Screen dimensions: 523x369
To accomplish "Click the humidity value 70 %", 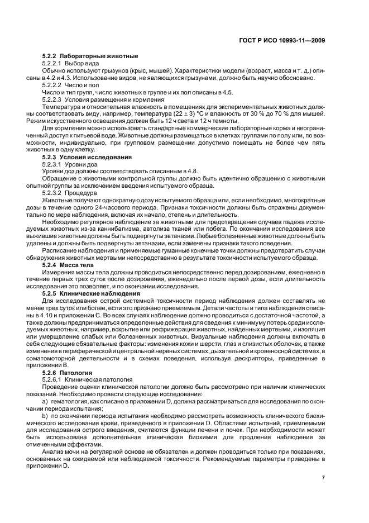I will tap(290, 113).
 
